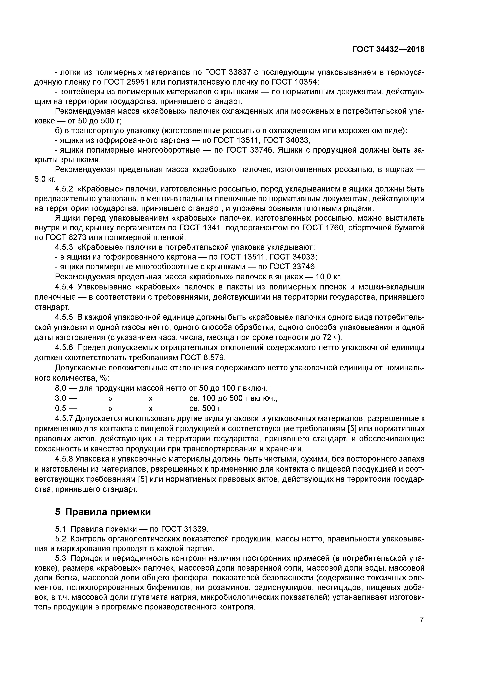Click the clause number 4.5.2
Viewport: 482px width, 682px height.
tap(64, 189)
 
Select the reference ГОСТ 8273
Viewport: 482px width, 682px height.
tap(64, 238)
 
